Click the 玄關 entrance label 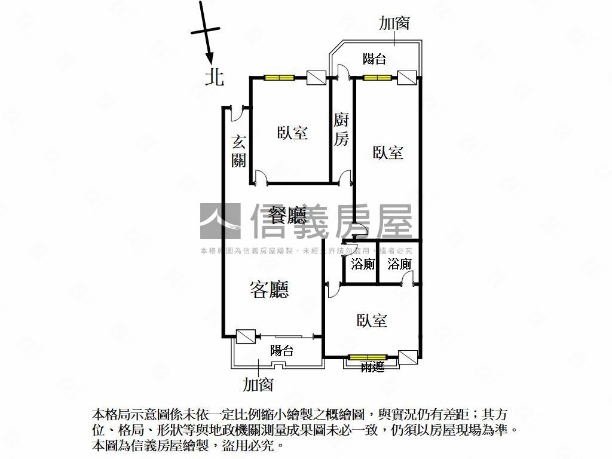(x=238, y=151)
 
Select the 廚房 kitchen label (x=341, y=130)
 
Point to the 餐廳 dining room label (x=287, y=215)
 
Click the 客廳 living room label (x=270, y=289)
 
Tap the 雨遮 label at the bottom (x=372, y=367)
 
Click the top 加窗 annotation (x=394, y=23)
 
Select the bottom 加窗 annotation (x=258, y=384)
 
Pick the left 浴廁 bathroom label (x=363, y=264)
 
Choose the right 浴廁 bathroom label (x=399, y=264)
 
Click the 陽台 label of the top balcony (x=374, y=59)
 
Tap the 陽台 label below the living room (x=282, y=350)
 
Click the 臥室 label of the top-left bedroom (x=292, y=133)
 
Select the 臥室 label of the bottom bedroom (x=372, y=320)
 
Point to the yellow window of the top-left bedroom (x=279, y=78)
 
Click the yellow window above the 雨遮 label (x=368, y=357)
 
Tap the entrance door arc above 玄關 (x=237, y=113)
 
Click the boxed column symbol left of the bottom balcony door (x=246, y=336)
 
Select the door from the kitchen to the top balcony (x=342, y=72)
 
